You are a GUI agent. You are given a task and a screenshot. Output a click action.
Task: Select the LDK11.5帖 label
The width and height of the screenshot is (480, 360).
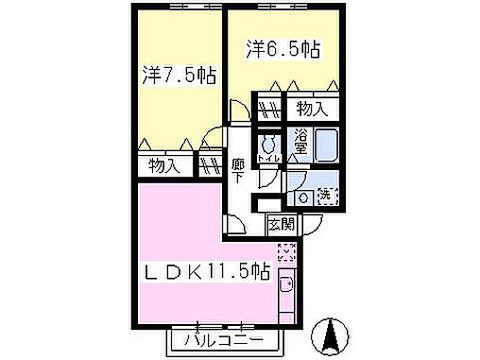pyautogui.click(x=208, y=272)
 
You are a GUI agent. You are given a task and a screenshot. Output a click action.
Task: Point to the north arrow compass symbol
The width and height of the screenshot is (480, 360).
pyautogui.click(x=332, y=334)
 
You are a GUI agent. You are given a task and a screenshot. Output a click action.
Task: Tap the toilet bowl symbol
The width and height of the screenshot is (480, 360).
pyautogui.click(x=268, y=145)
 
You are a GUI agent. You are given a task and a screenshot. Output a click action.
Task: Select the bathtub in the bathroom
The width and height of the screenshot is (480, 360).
pyautogui.click(x=326, y=147)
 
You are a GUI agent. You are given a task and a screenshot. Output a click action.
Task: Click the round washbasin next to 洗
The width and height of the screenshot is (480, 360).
pyautogui.click(x=303, y=197)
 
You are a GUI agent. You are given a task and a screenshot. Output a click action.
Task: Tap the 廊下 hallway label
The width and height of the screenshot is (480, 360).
pyautogui.click(x=239, y=169)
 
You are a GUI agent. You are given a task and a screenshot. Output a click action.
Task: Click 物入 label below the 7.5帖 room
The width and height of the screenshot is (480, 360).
pyautogui.click(x=163, y=167)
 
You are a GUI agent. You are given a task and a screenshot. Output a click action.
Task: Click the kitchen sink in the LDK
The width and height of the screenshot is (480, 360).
pyautogui.click(x=287, y=288)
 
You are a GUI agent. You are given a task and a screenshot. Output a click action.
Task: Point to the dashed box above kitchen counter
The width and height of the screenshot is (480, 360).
pyautogui.click(x=287, y=252)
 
